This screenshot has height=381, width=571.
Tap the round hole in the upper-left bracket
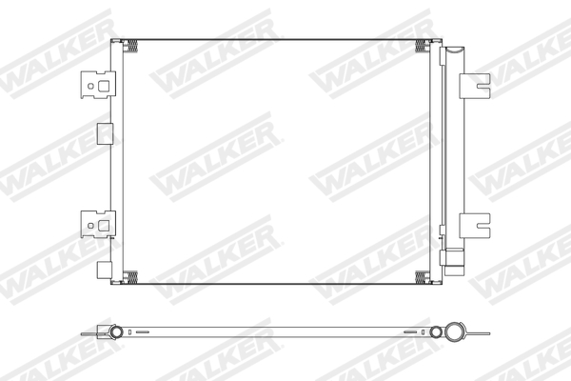[x=91, y=85]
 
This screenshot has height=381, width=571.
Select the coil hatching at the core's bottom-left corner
[x=132, y=277]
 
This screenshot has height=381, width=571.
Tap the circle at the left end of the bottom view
[x=116, y=333]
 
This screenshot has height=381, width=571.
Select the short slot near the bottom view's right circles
[x=411, y=333]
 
